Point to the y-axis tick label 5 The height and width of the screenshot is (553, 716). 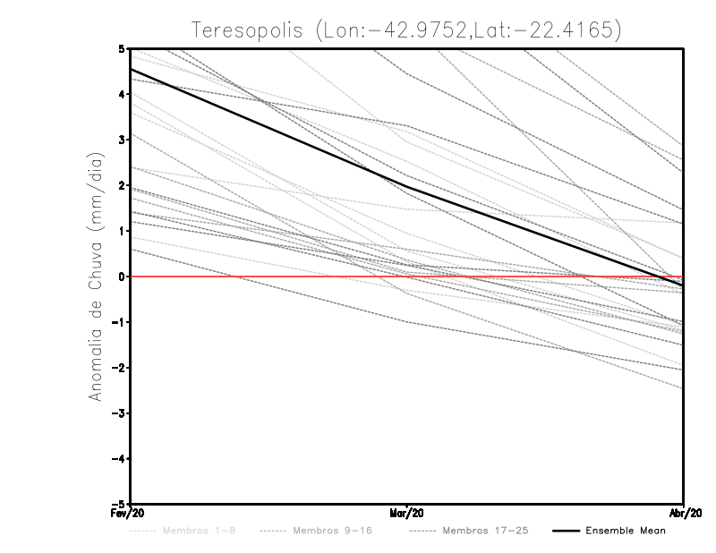coord(122,48)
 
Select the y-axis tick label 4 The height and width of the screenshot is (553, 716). coord(122,94)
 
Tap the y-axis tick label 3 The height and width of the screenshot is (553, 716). coord(122,140)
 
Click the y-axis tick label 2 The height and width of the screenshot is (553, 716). coord(122,185)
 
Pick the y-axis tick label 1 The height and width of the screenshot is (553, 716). coord(122,231)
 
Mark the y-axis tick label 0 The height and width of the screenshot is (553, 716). coord(122,276)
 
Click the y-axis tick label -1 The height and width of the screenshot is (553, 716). coord(119,322)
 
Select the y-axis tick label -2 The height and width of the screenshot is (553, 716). coord(119,368)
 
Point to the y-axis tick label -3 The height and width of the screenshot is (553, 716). coord(119,413)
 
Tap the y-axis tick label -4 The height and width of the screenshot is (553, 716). coord(119,459)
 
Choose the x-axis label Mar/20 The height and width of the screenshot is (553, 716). coord(407,514)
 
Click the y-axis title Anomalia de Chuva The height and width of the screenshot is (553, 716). coord(94,277)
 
